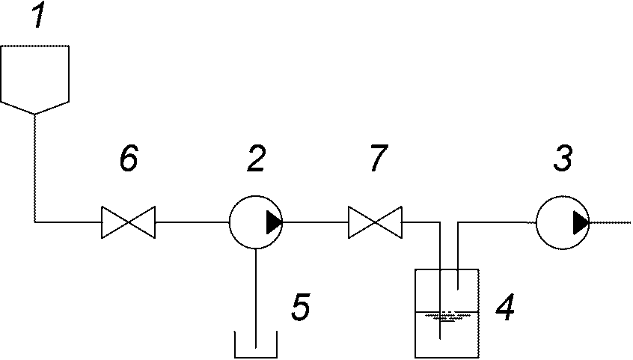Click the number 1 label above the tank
[38, 16]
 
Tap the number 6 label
[129, 158]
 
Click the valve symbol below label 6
[128, 222]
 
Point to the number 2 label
[256, 158]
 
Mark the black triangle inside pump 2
[274, 222]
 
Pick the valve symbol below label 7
[375, 222]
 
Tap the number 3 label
[563, 158]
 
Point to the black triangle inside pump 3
[581, 222]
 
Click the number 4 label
[505, 307]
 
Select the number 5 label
[301, 307]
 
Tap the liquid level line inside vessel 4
[447, 312]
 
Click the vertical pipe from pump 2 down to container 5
[256, 298]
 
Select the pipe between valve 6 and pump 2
[192, 222]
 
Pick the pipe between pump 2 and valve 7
[315, 222]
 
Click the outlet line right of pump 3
[610, 222]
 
